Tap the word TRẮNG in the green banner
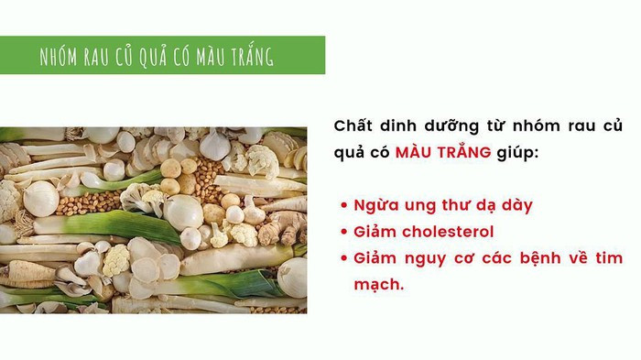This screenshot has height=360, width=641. (248, 56)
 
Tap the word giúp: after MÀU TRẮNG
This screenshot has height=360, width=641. (518, 152)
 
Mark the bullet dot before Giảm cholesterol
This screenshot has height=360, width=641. (343, 233)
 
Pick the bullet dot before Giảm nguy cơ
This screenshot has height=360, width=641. (343, 258)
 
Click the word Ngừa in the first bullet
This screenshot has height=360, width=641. (374, 206)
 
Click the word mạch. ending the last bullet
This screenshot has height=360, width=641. (378, 284)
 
